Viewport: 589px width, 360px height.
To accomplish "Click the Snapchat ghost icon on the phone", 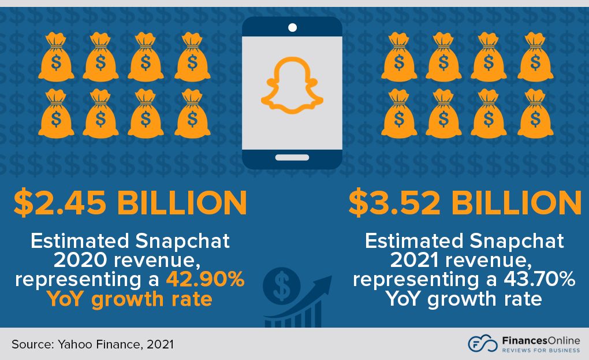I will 292,86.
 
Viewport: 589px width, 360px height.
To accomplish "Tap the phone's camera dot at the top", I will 292,27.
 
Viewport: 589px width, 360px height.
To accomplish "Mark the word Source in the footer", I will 31,344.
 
